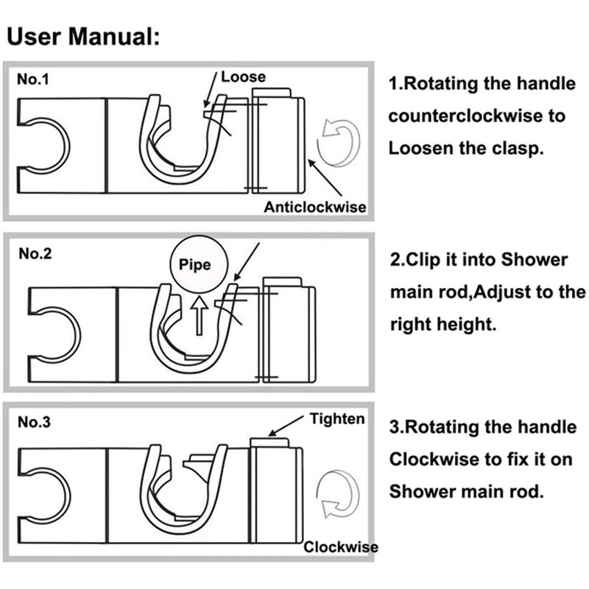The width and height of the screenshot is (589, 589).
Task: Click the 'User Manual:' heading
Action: coord(83,37)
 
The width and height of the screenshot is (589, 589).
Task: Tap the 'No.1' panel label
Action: coord(33,80)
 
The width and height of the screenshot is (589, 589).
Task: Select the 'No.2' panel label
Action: coord(35,253)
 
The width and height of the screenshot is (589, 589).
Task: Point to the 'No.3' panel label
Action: coord(34,422)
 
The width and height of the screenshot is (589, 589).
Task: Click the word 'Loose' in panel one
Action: coord(244,77)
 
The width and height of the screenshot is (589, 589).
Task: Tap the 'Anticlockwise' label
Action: coord(315,207)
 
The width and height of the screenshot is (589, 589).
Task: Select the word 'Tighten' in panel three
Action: coord(337,419)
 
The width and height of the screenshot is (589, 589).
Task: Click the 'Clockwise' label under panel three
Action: coord(341,547)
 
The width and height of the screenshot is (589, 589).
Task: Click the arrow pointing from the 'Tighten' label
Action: coord(286,426)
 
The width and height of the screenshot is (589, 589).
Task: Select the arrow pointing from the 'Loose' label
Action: coord(211,90)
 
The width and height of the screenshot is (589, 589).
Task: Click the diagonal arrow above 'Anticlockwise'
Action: coord(325,177)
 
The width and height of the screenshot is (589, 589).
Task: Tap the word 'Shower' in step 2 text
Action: coord(535,260)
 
